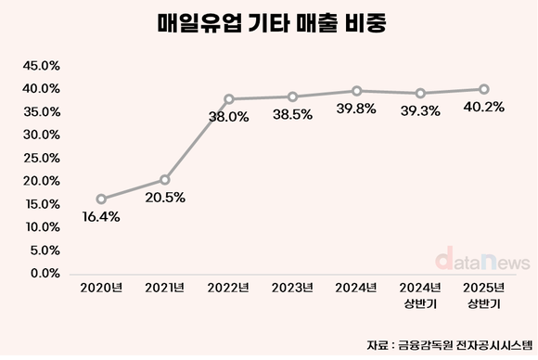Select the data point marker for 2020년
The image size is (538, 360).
(101, 199)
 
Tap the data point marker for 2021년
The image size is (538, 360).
(165, 179)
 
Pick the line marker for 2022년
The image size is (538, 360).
(229, 99)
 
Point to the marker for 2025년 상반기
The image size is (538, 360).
(484, 89)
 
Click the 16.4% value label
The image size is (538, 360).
(100, 217)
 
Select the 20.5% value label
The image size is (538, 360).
(164, 198)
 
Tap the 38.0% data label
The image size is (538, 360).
(229, 118)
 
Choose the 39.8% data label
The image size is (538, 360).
(357, 109)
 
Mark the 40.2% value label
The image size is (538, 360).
(484, 108)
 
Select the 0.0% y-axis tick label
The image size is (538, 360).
(43, 273)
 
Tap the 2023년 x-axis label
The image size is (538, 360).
(293, 289)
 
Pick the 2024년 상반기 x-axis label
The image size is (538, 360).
(420, 296)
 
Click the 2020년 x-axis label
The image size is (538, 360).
(101, 289)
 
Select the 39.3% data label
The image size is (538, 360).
(420, 111)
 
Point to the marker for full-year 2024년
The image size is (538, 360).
(357, 91)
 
